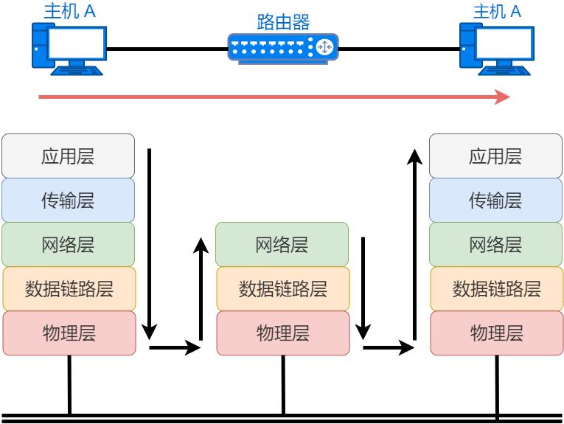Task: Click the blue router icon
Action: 283,48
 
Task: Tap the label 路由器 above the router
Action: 283,21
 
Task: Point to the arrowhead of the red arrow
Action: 502,97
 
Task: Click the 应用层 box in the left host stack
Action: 69,156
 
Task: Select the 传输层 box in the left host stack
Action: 69,200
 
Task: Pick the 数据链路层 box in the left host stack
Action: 69,288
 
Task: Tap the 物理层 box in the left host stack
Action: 69,333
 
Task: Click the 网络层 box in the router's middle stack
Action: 282,244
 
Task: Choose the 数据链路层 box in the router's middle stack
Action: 282,288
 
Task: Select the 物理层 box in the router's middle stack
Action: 282,333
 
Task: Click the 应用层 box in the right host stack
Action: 495,156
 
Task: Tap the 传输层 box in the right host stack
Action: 495,200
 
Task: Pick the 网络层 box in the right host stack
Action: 495,244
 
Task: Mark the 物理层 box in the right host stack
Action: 496,333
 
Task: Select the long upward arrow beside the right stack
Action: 414,243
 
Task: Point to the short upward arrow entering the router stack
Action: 201,288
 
